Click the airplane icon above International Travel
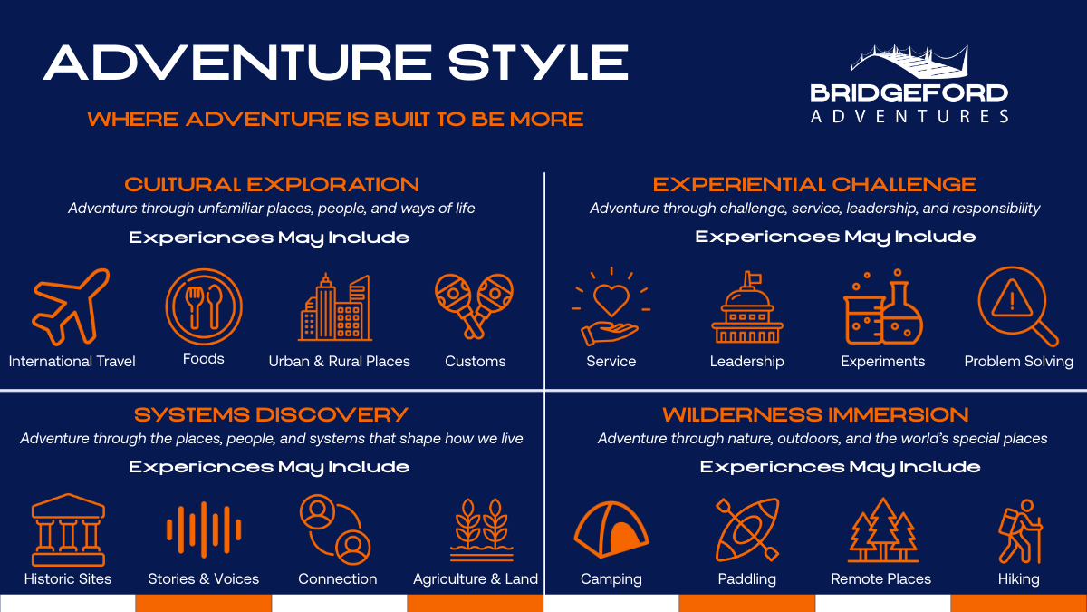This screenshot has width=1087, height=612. (71, 307)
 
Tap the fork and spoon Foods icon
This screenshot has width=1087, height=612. (204, 306)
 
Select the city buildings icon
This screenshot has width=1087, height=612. (335, 307)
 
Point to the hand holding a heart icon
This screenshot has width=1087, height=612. (611, 307)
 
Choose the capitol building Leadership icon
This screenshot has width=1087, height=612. (747, 307)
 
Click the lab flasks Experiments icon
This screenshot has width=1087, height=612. (882, 307)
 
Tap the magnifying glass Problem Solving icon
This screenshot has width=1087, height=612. (1017, 306)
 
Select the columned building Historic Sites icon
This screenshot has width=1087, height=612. (67, 529)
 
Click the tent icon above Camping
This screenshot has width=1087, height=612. (611, 529)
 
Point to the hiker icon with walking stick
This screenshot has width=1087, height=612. (1019, 529)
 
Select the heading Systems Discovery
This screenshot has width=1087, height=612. (272, 415)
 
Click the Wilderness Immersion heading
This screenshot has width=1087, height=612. (815, 415)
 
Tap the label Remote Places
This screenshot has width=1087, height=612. (880, 578)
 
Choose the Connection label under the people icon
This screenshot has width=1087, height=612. (337, 578)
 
